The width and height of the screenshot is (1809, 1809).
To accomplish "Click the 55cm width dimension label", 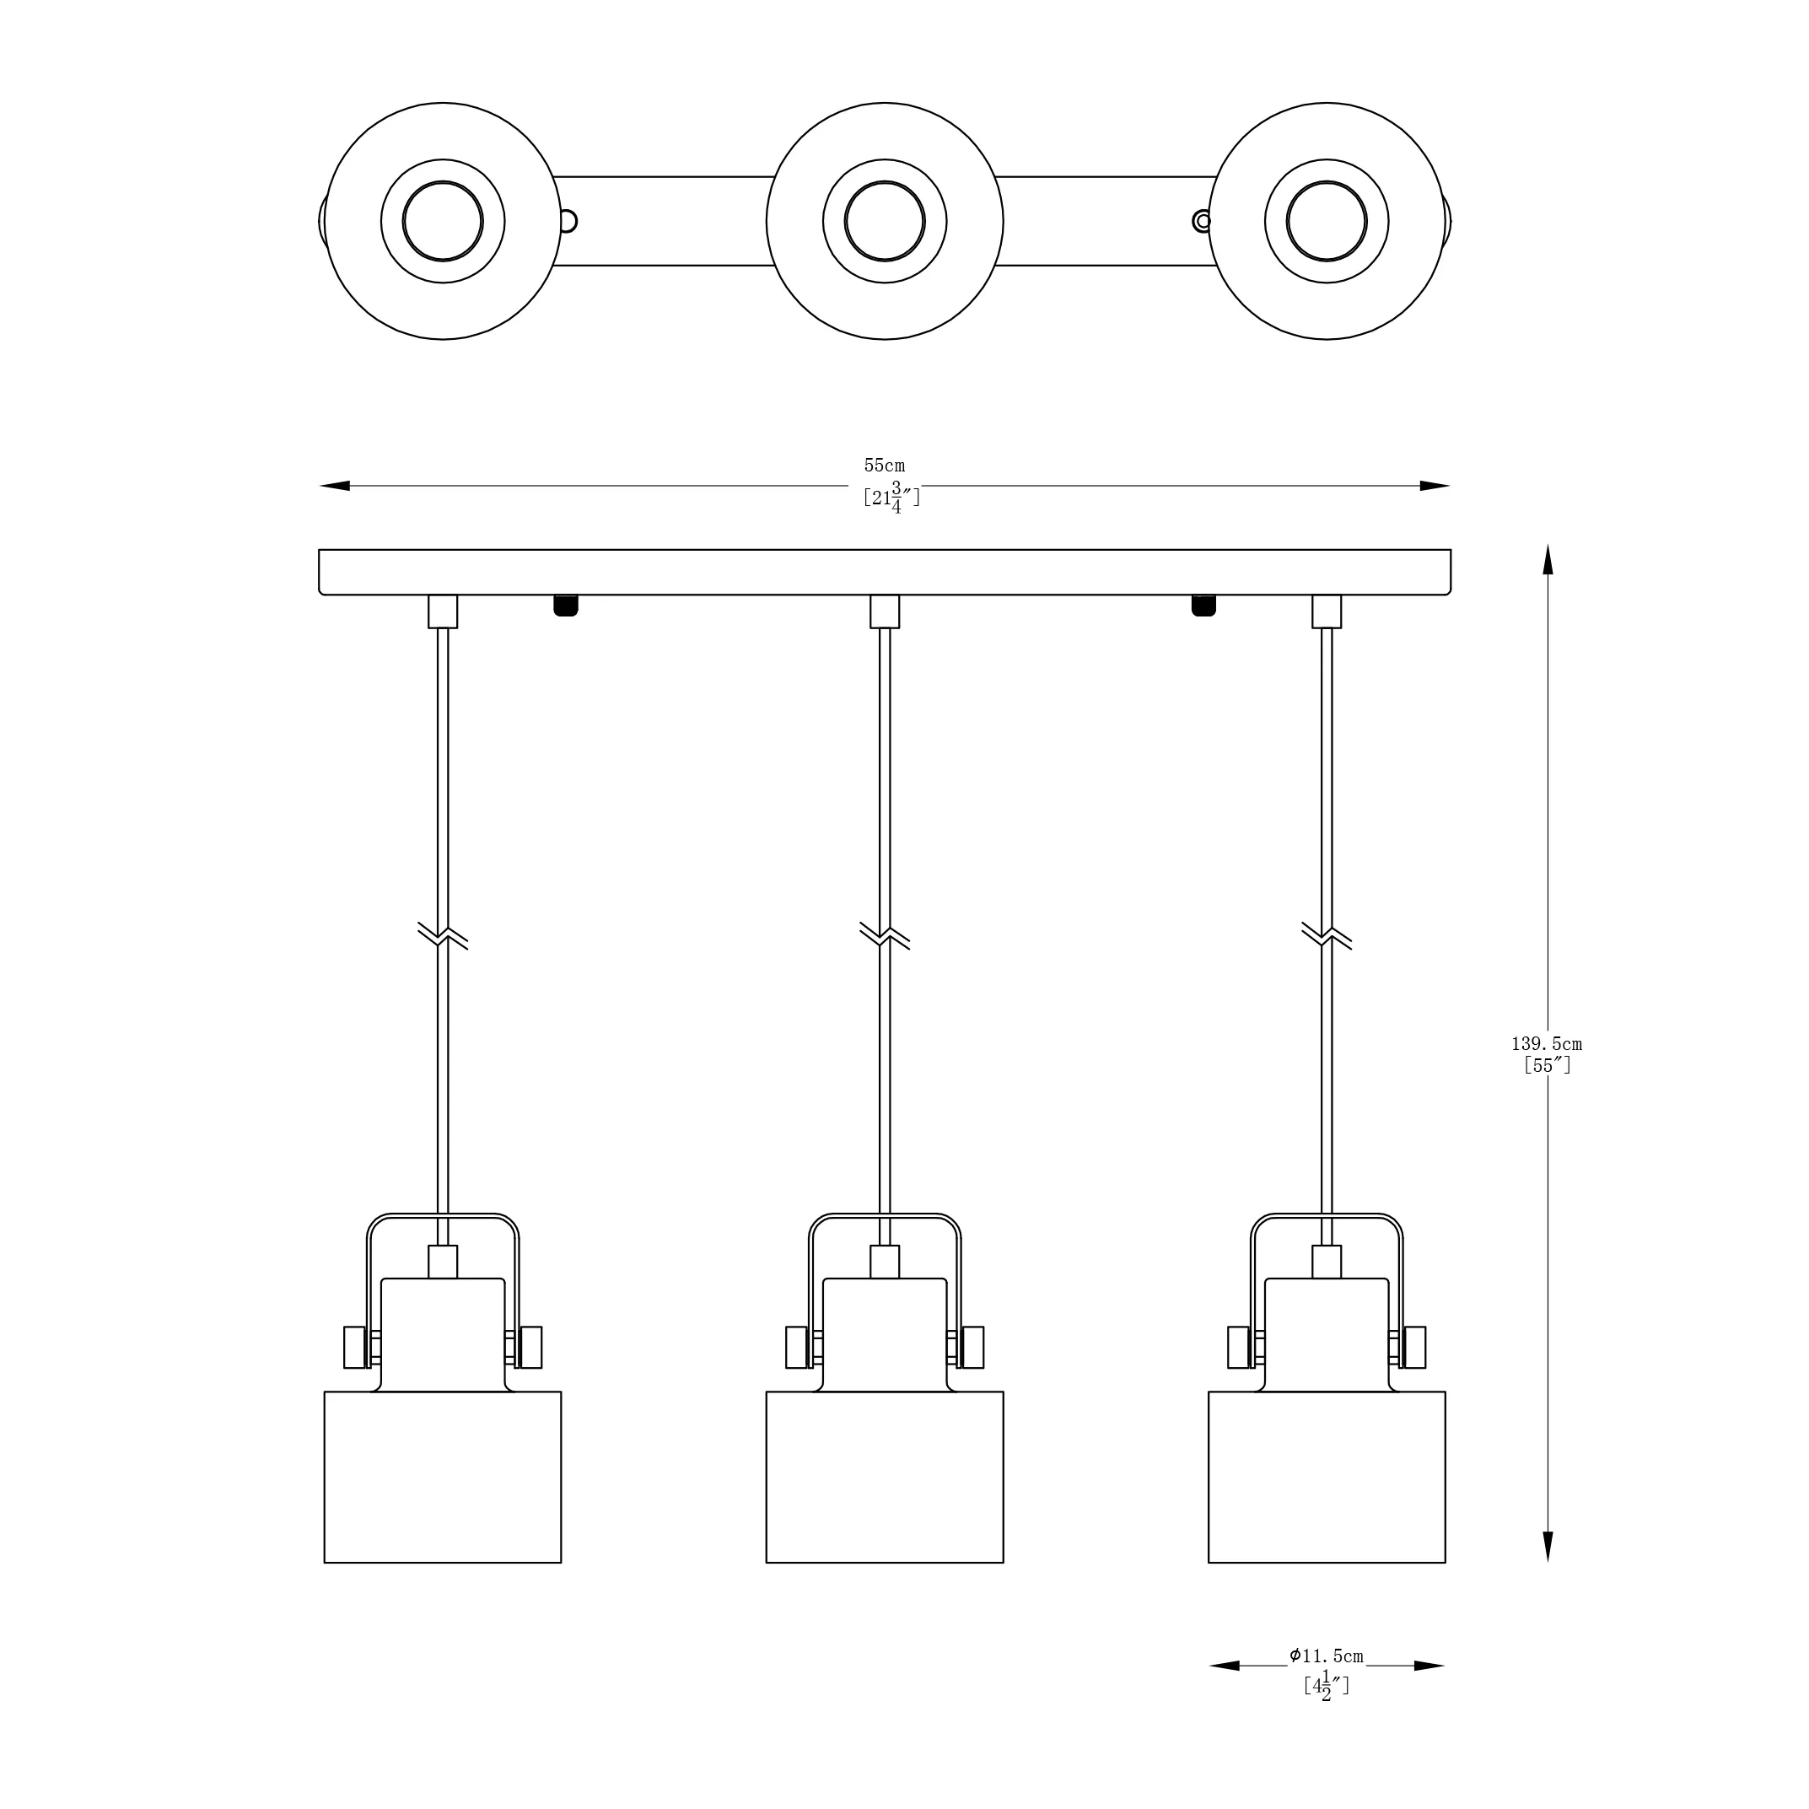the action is [x=884, y=466].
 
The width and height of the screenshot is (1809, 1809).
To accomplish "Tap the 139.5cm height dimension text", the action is [x=1547, y=1044].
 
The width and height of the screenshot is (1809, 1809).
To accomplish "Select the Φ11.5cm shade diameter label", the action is [x=1326, y=1656].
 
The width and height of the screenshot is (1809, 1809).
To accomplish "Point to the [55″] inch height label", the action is [x=1547, y=1065].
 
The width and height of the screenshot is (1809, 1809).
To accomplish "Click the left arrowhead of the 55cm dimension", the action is [x=334, y=486].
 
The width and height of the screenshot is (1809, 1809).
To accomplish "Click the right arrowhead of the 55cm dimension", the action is [x=1435, y=486].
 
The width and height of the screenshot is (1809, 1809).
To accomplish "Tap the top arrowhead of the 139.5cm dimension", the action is [x=1548, y=559].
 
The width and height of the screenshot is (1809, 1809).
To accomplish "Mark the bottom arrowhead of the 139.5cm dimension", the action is [x=1548, y=1547].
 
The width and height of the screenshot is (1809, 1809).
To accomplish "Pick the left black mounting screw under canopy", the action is [x=566, y=605].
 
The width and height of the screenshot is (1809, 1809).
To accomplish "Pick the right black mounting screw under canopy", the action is [x=1203, y=605].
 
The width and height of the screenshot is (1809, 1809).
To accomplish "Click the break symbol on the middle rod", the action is [x=885, y=935].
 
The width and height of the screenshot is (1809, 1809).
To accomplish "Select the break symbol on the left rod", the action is [x=443, y=935].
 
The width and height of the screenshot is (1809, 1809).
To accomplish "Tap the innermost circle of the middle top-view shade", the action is [x=885, y=222].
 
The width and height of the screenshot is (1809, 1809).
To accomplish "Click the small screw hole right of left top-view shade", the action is [x=567, y=222].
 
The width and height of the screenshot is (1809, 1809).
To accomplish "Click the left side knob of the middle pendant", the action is [x=797, y=1348].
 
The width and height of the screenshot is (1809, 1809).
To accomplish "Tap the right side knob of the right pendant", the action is [x=1415, y=1348].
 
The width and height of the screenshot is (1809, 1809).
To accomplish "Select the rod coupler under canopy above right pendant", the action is [x=1327, y=611].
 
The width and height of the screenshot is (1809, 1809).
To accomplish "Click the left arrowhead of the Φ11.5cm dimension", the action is [x=1225, y=1666].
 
